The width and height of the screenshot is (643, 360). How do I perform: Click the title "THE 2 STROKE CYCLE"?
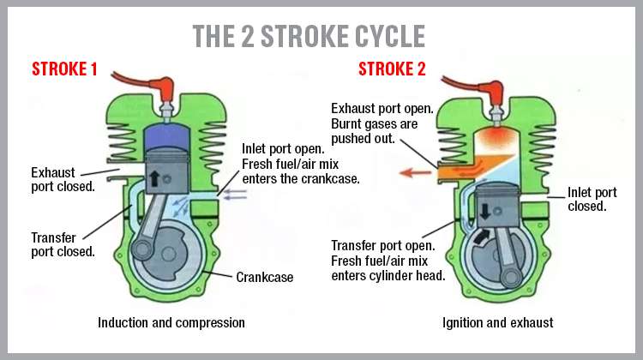(309, 35)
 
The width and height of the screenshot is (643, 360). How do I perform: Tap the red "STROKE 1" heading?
(64, 69)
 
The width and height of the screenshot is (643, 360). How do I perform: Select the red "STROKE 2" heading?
(391, 69)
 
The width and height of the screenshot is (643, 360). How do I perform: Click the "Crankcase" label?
(266, 277)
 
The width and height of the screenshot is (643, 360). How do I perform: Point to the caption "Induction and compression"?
(171, 323)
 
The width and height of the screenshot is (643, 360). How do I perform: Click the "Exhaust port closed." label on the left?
(63, 178)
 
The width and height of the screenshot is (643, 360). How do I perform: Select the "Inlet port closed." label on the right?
(592, 199)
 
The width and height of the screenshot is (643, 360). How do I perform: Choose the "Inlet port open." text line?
(283, 148)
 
